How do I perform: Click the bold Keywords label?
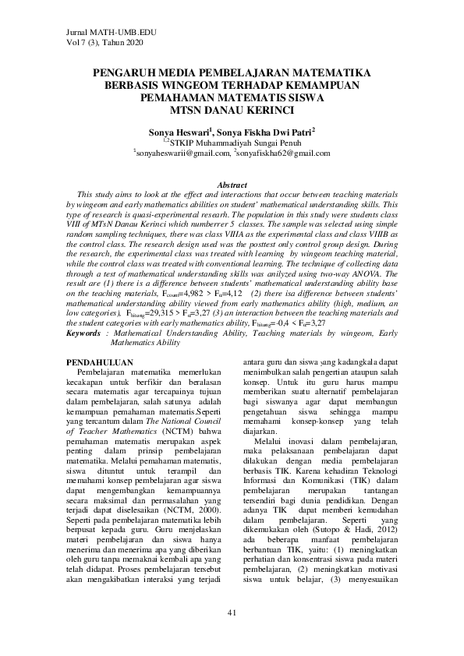[x=83, y=332]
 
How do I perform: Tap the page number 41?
[x=232, y=612]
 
